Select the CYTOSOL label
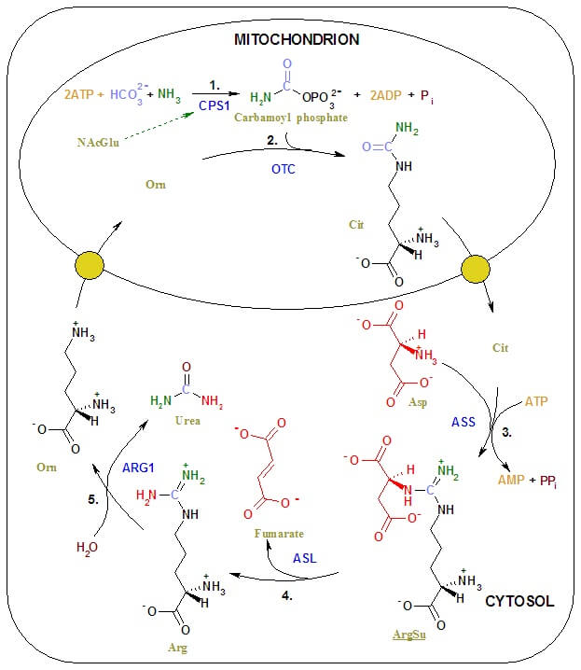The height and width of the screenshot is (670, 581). click(519, 601)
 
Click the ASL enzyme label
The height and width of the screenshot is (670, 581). click(304, 557)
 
